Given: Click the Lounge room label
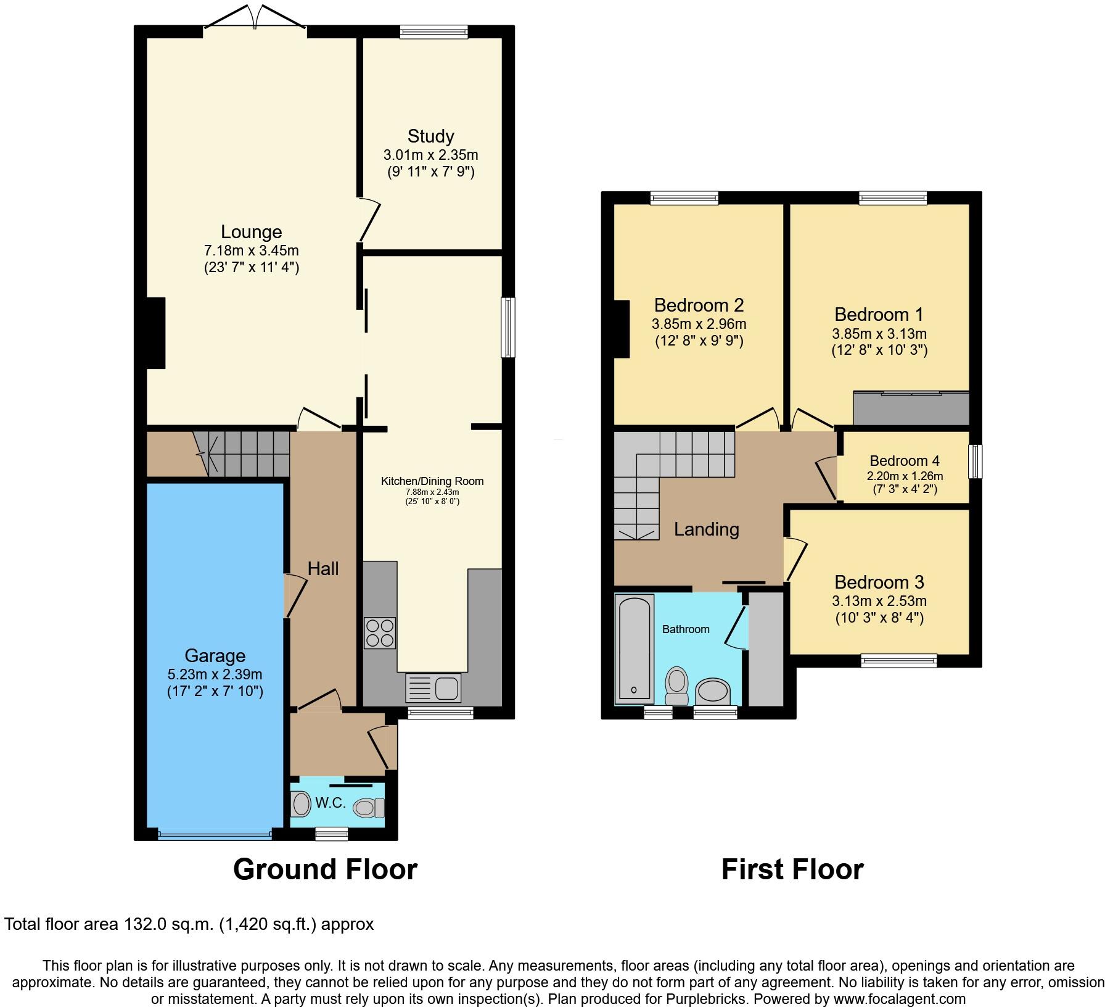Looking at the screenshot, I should [x=251, y=232].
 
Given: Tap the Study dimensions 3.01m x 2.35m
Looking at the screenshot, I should [x=430, y=155].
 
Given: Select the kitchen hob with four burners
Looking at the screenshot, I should [x=379, y=633].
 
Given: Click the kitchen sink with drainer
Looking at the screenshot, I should [x=433, y=687].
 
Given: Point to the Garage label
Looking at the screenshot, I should [x=215, y=656].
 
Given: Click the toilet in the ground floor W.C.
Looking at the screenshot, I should [x=369, y=806].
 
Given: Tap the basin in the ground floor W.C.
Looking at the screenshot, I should [x=301, y=805].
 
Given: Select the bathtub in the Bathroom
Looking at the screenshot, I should [x=634, y=648].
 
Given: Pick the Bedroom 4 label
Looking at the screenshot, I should [x=904, y=461].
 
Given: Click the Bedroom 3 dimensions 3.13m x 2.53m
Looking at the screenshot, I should [x=879, y=601].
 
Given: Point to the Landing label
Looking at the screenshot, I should [x=706, y=529].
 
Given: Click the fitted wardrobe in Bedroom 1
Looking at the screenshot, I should [x=911, y=408].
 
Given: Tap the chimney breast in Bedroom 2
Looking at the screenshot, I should [x=621, y=329].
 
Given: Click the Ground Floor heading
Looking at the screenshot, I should [x=325, y=869].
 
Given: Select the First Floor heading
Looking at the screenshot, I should [x=792, y=869].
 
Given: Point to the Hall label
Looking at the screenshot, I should [x=323, y=569].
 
